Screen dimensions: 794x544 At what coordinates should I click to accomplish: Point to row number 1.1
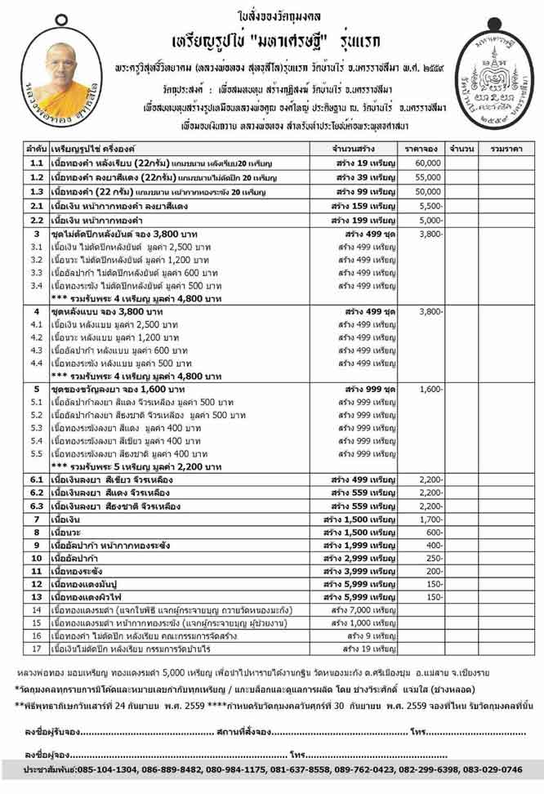pos(36,163)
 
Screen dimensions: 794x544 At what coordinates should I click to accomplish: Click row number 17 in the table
pos(36,649)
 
